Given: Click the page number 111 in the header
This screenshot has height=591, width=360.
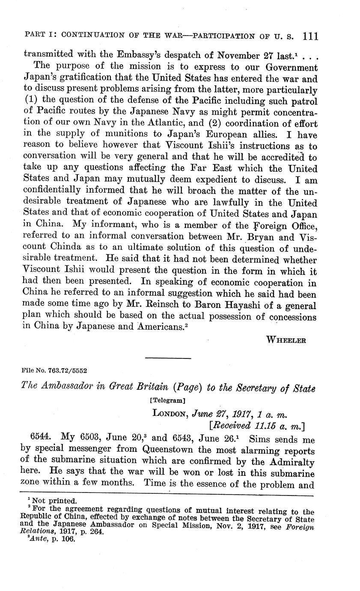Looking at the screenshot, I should click(310, 36).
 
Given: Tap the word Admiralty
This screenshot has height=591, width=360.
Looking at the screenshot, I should click(292, 462).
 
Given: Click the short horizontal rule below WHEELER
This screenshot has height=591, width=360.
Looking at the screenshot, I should click(162, 357).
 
